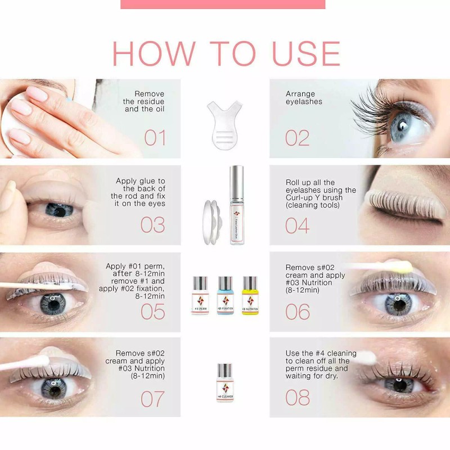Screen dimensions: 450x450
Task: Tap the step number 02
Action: coord(298,138)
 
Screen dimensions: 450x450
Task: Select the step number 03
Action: coord(152,224)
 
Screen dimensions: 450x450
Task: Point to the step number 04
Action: coord(298,224)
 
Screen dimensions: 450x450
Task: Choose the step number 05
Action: coord(152,311)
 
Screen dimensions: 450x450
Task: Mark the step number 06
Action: coord(298,311)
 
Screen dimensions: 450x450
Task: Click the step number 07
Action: coord(152,398)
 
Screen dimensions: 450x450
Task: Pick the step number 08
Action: coord(298,398)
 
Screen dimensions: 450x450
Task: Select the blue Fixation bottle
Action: coord(225,295)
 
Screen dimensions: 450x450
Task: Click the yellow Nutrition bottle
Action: coord(250,295)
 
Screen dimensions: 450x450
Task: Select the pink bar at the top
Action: coord(223,4)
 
